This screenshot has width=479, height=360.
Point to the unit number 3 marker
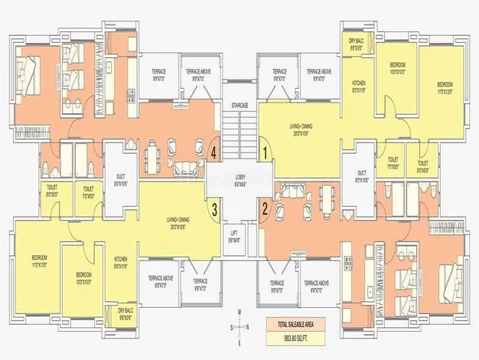pos(215,207)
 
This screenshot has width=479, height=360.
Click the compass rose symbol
pos(239,326)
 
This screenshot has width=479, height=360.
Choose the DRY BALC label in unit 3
pos(125,313)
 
